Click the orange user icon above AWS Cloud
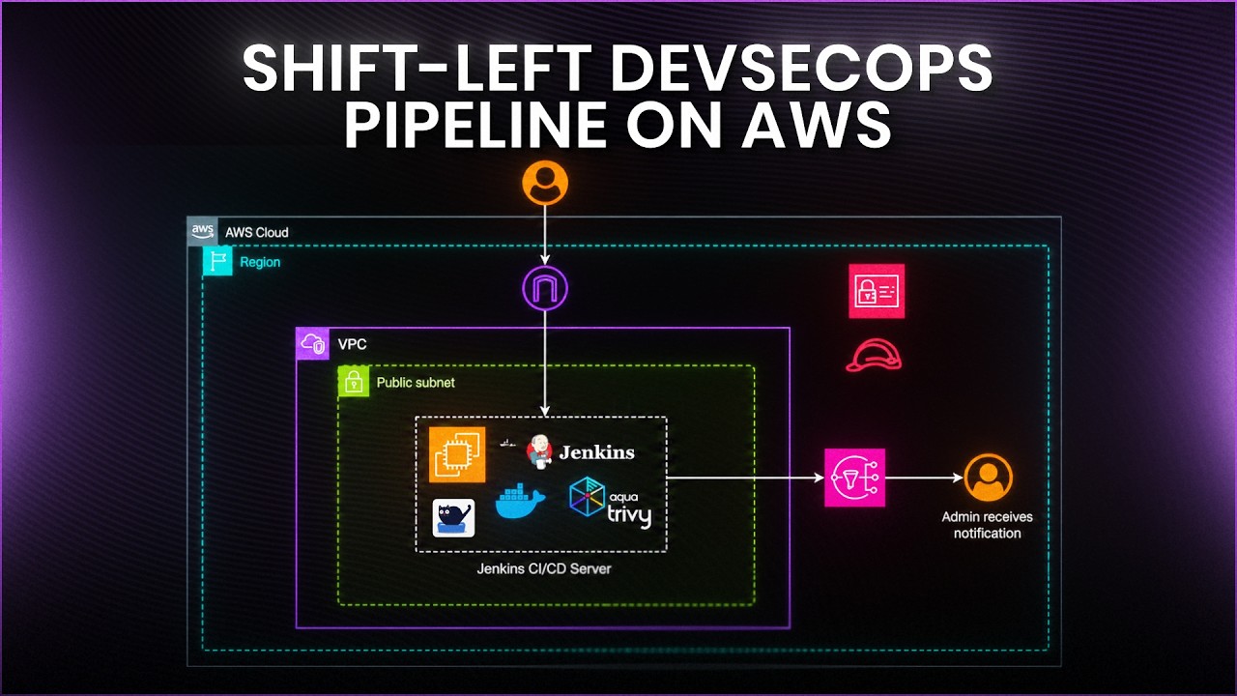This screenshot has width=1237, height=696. click(545, 183)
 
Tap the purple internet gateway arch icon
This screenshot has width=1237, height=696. click(545, 288)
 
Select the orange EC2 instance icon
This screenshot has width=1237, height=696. click(457, 454)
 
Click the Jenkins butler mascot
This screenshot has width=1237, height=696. click(539, 451)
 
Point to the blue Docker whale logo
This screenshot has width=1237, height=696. click(520, 501)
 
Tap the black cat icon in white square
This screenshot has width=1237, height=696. click(453, 518)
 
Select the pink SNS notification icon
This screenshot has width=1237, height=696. click(855, 478)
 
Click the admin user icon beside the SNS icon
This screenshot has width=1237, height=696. click(988, 478)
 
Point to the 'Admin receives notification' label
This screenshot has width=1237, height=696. click(987, 525)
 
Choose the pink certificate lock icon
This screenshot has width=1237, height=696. click(877, 291)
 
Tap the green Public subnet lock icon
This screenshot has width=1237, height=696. click(354, 381)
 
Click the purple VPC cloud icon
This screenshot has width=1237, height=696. click(312, 343)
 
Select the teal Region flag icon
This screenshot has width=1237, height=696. click(217, 261)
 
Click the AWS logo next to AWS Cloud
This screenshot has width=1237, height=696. click(202, 231)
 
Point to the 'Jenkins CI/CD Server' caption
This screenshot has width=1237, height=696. click(544, 568)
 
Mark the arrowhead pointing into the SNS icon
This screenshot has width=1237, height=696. click(819, 478)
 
